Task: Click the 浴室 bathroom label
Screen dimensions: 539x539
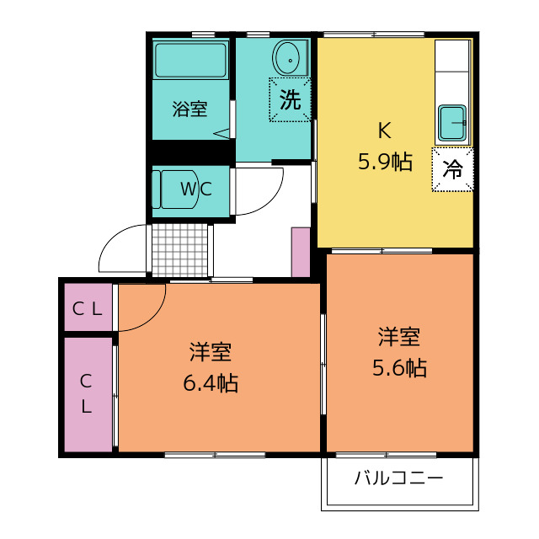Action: [x=189, y=109]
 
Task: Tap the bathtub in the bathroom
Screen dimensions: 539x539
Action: [x=191, y=61]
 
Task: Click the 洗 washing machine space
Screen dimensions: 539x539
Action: [x=290, y=99]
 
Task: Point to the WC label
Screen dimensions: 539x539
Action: [x=196, y=189]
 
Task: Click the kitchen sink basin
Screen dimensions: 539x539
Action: [x=452, y=123]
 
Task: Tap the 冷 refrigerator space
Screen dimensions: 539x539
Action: [x=453, y=169]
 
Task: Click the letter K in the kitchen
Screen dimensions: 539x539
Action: [x=384, y=131]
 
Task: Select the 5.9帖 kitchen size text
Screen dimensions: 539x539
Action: [x=385, y=162]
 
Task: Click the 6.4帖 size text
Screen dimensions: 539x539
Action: [x=211, y=383]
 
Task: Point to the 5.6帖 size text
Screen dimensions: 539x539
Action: [x=400, y=368]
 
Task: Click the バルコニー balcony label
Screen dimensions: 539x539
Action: [x=399, y=478]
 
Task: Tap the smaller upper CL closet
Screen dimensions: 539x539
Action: [x=88, y=307]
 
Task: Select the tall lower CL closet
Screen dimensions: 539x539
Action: [x=88, y=395]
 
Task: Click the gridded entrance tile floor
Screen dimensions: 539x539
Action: [x=180, y=250]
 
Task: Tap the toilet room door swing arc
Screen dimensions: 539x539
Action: [x=271, y=200]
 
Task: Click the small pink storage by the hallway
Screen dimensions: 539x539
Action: [x=301, y=252]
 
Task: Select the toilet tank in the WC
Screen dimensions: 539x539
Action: [x=156, y=189]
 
